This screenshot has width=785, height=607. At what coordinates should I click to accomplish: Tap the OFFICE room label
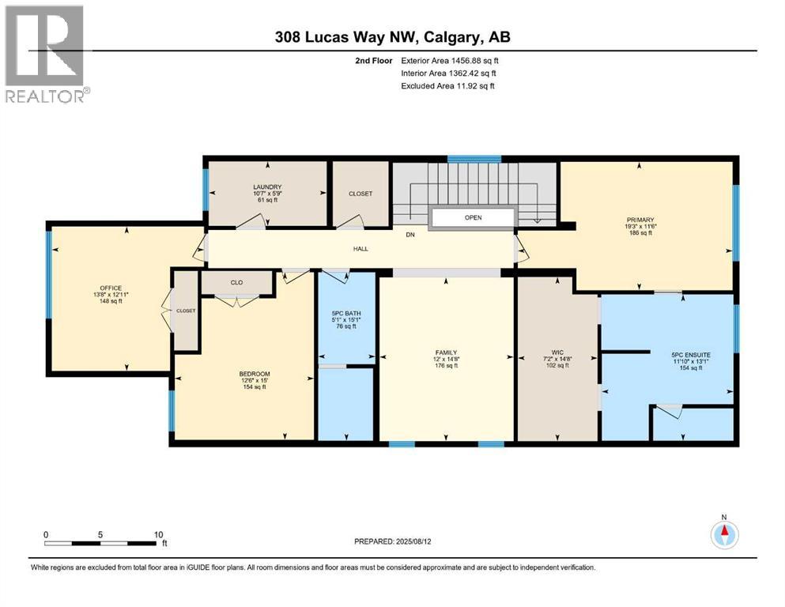tap(111, 288)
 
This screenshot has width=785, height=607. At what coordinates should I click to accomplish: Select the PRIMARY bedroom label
tap(640, 220)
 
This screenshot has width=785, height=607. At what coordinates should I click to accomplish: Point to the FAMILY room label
tap(447, 352)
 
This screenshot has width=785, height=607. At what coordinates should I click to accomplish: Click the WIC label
tap(557, 352)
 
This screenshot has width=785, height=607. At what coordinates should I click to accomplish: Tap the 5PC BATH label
tap(346, 314)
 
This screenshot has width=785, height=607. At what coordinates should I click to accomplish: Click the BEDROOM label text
tap(255, 374)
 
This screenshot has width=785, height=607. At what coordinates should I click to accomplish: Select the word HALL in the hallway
tap(360, 249)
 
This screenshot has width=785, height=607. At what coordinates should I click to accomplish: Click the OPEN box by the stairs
tap(473, 217)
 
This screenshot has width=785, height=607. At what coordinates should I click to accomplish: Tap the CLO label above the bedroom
tap(236, 281)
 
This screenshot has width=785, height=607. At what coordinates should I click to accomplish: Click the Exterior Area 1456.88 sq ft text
tap(450, 60)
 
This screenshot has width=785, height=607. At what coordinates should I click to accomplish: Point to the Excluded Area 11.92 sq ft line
tap(447, 85)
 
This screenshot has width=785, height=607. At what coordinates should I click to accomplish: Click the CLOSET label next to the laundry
tap(360, 194)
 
